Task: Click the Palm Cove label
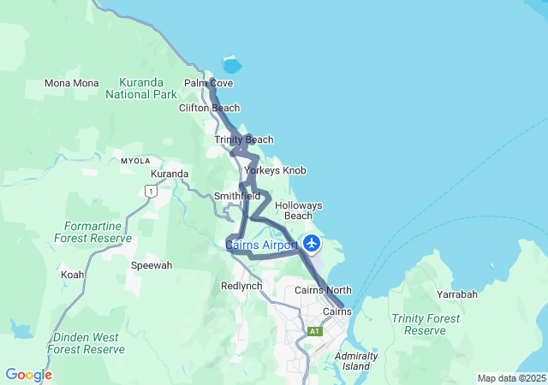(209, 83)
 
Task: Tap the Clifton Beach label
(209, 109)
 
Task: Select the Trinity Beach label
(244, 139)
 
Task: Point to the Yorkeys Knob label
(275, 170)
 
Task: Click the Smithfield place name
(237, 196)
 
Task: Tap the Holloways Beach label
(298, 210)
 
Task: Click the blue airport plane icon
(311, 244)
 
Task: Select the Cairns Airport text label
(261, 246)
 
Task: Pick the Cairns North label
(323, 290)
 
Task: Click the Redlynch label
(241, 286)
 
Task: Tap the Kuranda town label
(170, 174)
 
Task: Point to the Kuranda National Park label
(140, 89)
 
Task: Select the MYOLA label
(135, 161)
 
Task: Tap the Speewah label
(151, 265)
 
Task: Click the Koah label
(73, 275)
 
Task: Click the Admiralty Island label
(355, 360)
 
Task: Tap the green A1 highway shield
(314, 330)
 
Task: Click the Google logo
(28, 375)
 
